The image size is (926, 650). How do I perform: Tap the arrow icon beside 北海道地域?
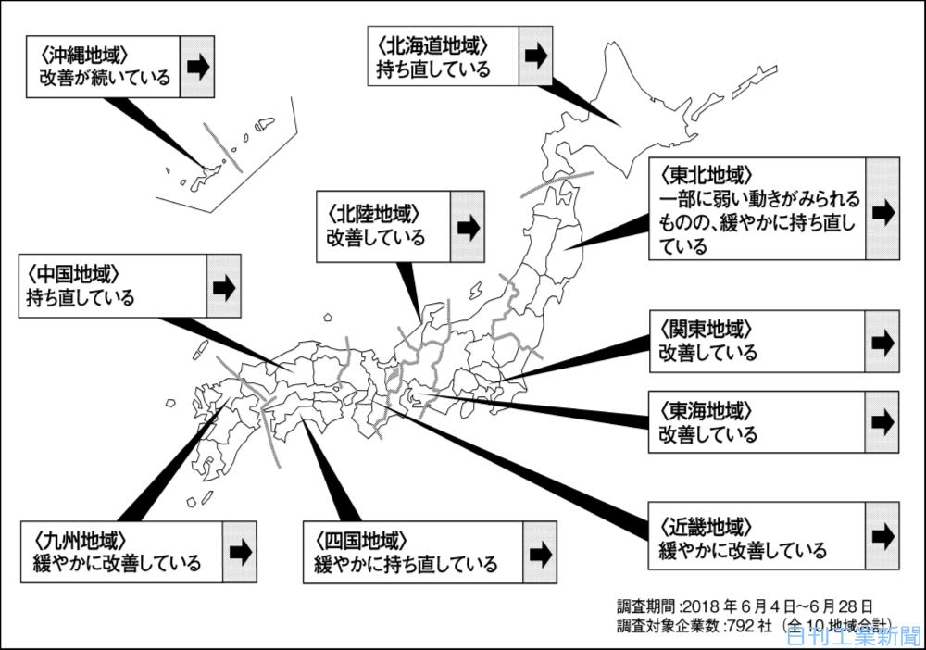tap(536, 56)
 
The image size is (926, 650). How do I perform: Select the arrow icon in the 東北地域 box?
tap(883, 211)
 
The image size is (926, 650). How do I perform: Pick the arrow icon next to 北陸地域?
tap(468, 227)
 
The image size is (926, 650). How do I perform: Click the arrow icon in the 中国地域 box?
tap(224, 288)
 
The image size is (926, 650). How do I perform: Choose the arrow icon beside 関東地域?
tap(882, 343)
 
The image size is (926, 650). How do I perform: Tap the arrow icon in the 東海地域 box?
tap(882, 422)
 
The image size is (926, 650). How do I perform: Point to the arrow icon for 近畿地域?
tap(883, 535)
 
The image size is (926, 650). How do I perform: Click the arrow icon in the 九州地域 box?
tap(241, 552)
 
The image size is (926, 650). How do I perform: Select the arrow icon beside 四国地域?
tap(541, 554)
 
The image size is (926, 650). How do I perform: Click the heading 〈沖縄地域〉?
tap(84, 55)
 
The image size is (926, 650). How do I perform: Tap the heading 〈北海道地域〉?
tap(432, 45)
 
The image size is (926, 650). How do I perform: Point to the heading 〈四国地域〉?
tap(360, 540)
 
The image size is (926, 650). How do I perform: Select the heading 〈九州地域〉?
tap(80, 539)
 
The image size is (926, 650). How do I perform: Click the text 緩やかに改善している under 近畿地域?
tap(743, 550)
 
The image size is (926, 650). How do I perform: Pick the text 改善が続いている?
tap(106, 78)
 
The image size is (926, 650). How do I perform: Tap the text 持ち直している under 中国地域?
tap(81, 297)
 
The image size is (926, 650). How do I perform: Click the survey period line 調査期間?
tap(745, 606)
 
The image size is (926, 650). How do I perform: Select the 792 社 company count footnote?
tap(753, 625)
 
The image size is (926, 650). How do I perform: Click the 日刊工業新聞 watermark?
tap(854, 637)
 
